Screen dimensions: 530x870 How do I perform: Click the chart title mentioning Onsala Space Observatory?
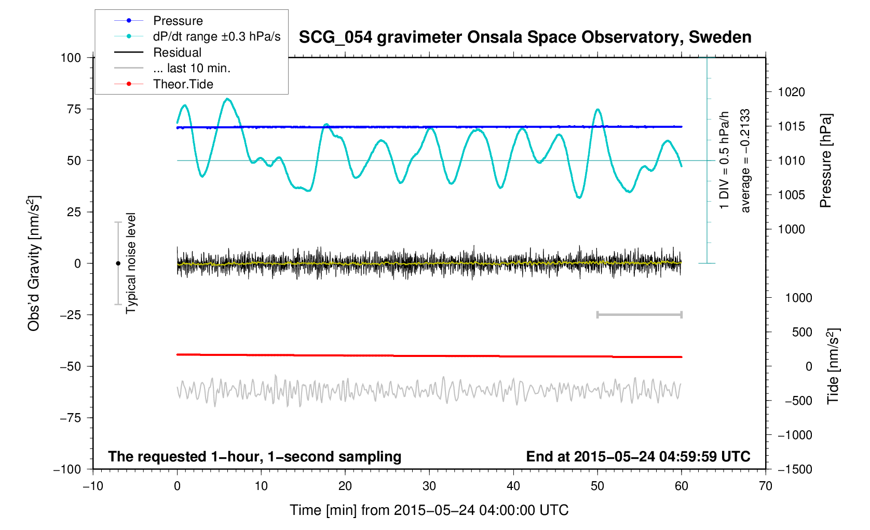click(525, 37)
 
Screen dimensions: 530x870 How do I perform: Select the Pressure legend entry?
click(178, 21)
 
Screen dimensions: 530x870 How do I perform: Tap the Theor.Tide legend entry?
click(183, 84)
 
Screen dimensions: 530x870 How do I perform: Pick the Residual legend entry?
click(177, 52)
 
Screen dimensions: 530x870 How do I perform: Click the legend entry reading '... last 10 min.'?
click(191, 68)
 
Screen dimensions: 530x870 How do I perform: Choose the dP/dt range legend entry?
click(216, 36)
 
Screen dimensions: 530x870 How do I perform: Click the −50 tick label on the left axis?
click(71, 366)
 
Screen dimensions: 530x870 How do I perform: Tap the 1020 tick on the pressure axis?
click(791, 92)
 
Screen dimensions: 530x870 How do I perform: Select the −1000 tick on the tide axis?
click(795, 435)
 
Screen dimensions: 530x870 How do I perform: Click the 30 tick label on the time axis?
click(429, 486)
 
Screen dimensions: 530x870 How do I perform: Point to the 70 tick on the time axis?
click(766, 486)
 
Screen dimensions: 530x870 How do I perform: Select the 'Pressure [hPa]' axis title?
click(826, 161)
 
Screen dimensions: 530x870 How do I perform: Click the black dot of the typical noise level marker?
click(118, 263)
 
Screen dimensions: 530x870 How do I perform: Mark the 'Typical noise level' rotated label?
click(131, 263)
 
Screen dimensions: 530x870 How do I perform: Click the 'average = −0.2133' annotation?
click(745, 161)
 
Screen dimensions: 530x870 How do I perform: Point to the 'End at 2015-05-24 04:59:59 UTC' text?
click(638, 457)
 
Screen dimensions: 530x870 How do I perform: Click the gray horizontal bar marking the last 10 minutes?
click(639, 315)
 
